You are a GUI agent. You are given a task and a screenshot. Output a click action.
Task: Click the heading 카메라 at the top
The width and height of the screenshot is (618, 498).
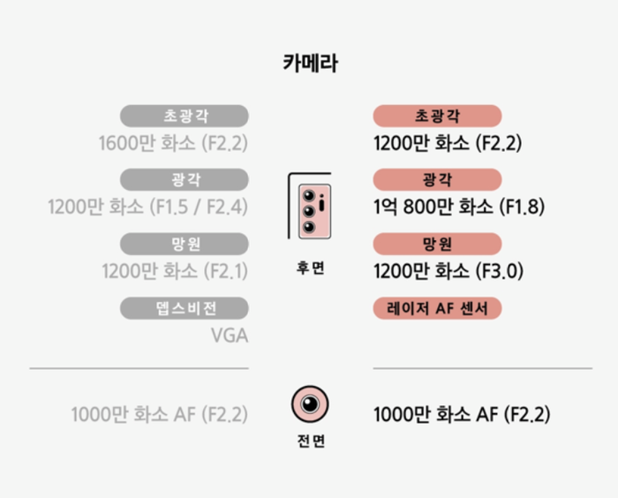point(310,64)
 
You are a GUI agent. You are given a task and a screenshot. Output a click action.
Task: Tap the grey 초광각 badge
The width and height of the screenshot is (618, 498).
point(185,116)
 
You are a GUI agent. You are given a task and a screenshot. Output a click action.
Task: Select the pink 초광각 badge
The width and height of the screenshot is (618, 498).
point(437,116)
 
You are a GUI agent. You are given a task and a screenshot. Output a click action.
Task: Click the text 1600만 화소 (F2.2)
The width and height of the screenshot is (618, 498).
point(175,143)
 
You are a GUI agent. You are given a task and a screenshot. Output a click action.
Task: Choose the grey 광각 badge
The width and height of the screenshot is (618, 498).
point(185,180)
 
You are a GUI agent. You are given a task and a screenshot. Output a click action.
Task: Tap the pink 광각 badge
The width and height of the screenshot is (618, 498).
point(437,180)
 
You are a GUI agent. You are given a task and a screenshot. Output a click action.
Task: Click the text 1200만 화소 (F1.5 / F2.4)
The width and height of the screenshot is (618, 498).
point(148,207)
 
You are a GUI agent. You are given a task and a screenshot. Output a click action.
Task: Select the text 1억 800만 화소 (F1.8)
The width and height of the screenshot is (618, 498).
point(459,207)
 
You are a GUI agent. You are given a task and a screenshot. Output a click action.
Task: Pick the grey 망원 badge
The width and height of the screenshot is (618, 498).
point(185,244)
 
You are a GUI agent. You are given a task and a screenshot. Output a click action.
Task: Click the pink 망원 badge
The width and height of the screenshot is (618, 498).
point(437,244)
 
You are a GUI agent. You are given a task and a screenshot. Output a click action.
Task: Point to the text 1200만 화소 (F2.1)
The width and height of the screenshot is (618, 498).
point(175,271)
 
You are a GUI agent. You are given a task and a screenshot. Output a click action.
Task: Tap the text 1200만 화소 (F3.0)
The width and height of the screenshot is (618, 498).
point(448,271)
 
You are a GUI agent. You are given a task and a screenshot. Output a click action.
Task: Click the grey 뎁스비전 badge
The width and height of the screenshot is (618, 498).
point(185,307)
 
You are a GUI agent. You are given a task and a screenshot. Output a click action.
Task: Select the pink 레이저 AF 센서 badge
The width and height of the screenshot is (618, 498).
point(437,307)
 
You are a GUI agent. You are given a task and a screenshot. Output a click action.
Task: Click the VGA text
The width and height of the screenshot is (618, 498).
point(229,336)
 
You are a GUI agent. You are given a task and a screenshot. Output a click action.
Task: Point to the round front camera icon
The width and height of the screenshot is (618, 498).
point(310,404)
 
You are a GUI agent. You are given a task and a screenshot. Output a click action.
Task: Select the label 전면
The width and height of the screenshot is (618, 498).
point(310,441)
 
